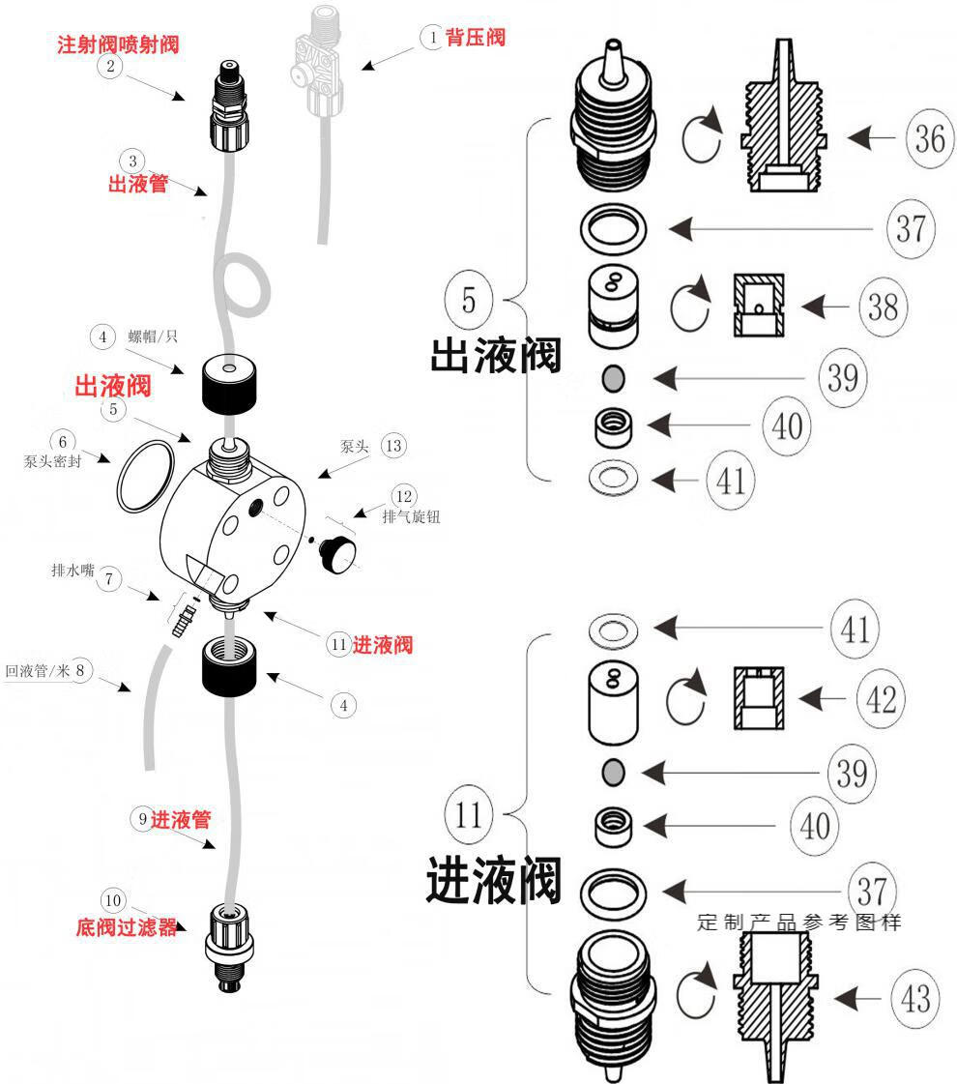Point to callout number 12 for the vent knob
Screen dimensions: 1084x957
click(x=405, y=496)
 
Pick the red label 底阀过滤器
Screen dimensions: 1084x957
click(x=127, y=927)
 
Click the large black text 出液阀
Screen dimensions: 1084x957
click(x=495, y=355)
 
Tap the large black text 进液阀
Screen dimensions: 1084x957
click(x=493, y=881)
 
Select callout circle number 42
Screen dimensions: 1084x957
click(x=879, y=697)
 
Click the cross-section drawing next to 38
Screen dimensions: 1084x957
click(x=759, y=306)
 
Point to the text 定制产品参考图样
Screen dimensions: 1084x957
click(x=798, y=922)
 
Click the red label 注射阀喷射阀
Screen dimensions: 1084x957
click(x=118, y=44)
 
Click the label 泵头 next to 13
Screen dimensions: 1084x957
click(x=351, y=447)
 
